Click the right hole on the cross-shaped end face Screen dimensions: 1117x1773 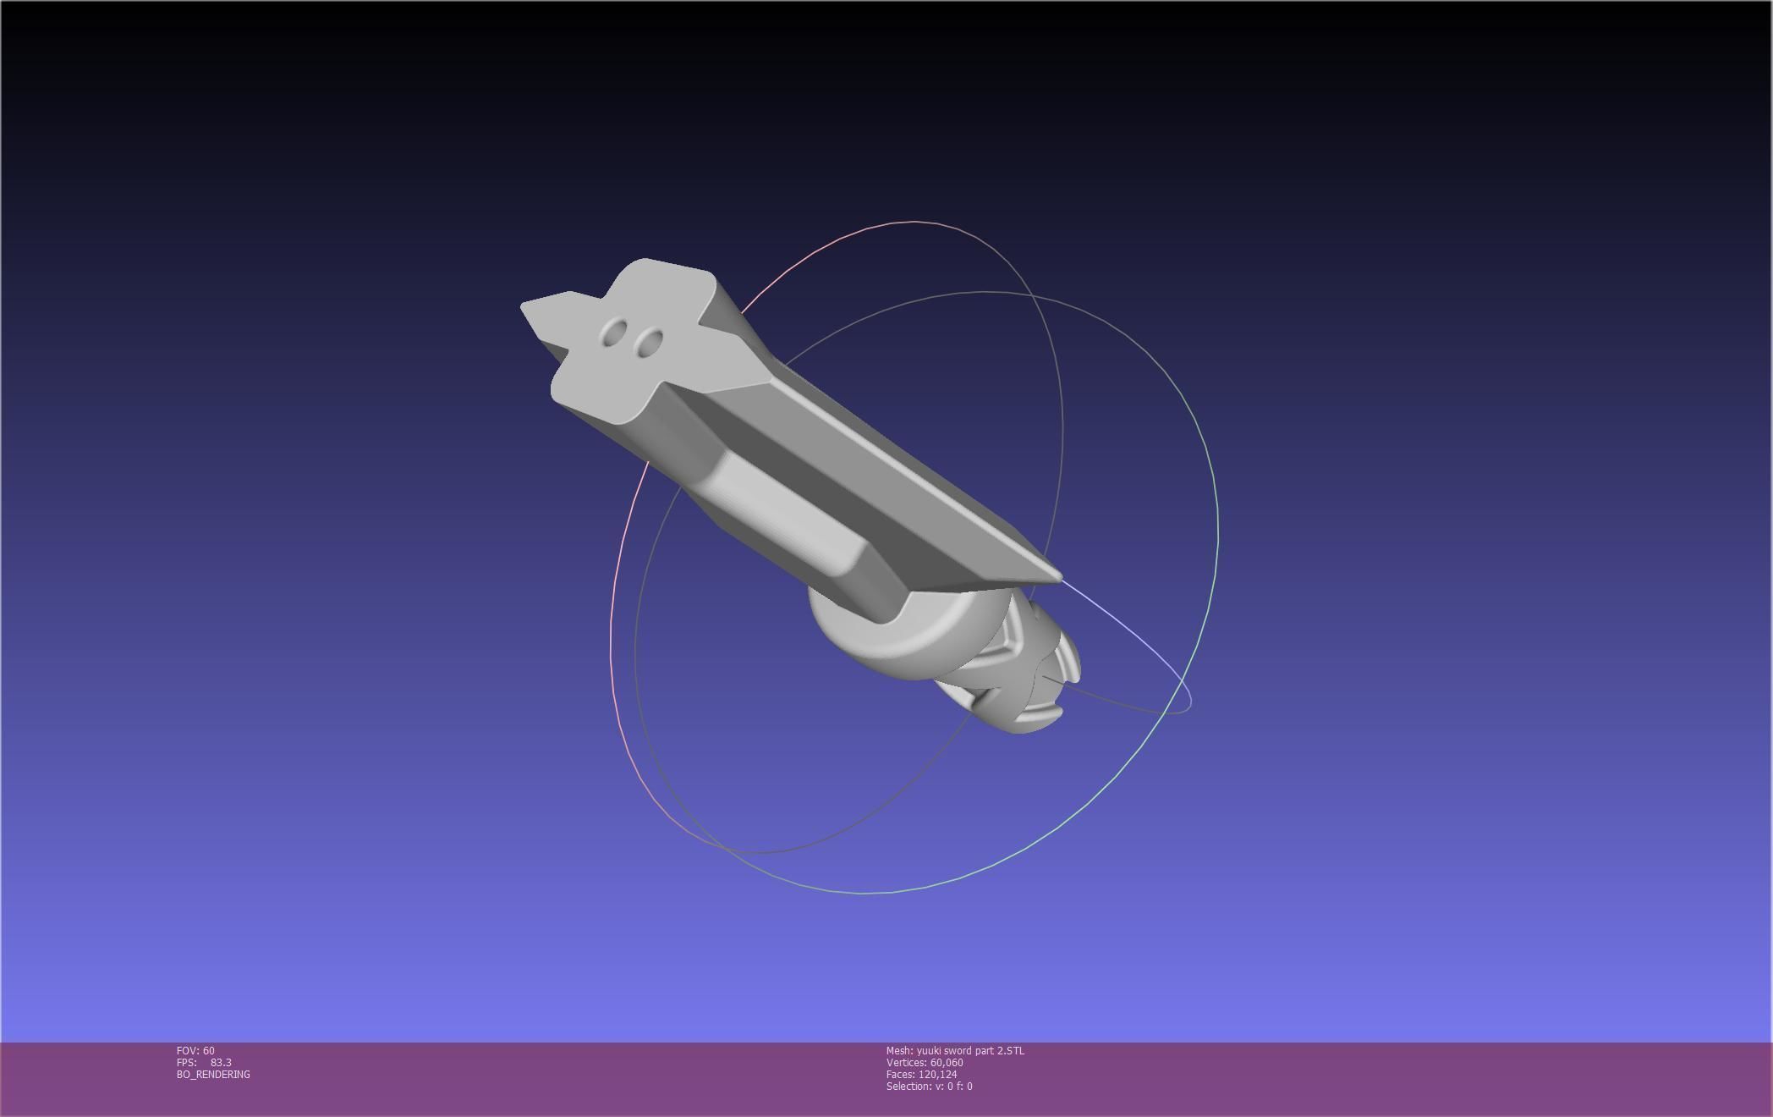pyautogui.click(x=649, y=343)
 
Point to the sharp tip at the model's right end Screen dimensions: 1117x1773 pyautogui.click(x=1058, y=578)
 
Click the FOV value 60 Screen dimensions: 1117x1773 pyautogui.click(x=209, y=1051)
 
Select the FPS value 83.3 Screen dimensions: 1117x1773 pyautogui.click(x=221, y=1063)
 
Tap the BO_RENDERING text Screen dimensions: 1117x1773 pyautogui.click(x=213, y=1075)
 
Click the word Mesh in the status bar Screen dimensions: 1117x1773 pyautogui.click(x=899, y=1051)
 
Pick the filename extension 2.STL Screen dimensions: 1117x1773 pyautogui.click(x=1010, y=1051)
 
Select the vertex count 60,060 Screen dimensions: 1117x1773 pyautogui.click(x=947, y=1063)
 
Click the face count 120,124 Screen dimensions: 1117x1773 pyautogui.click(x=937, y=1075)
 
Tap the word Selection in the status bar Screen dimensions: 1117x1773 pyautogui.click(x=908, y=1087)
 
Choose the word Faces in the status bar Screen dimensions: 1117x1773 pyautogui.click(x=900, y=1075)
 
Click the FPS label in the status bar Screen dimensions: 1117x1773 pyautogui.click(x=186, y=1063)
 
